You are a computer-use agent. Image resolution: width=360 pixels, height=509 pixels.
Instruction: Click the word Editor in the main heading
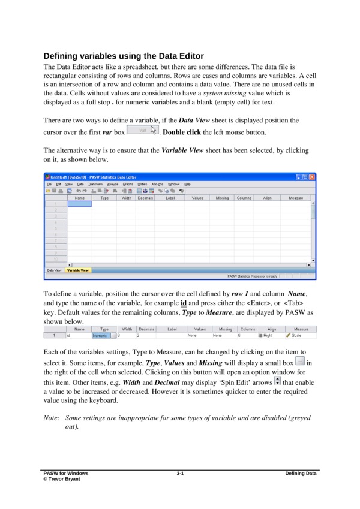tap(179, 56)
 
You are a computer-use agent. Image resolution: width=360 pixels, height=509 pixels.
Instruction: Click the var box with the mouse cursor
tap(143, 130)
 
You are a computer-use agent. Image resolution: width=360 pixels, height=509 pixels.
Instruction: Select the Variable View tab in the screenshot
tap(78, 270)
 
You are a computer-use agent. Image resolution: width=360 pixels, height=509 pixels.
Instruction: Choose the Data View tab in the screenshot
tap(54, 270)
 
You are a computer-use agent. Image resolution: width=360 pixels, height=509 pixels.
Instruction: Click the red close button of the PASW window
tap(312, 177)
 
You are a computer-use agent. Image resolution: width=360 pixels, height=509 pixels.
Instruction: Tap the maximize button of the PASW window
tap(305, 177)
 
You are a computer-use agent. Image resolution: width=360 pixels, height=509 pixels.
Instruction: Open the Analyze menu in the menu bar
tap(113, 184)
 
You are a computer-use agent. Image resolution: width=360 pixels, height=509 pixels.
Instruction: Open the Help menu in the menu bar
tap(187, 184)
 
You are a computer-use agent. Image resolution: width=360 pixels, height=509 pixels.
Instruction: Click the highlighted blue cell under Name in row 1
tap(79, 204)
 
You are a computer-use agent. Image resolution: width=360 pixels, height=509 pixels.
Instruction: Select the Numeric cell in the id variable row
tap(100, 336)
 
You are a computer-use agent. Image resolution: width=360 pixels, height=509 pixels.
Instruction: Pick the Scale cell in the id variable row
tap(298, 336)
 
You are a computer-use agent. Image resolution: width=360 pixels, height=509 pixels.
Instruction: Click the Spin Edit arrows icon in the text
tap(277, 381)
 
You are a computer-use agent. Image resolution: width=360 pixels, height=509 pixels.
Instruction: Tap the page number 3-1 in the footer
tap(180, 474)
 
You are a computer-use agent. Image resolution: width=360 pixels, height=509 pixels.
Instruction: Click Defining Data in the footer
tap(301, 474)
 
